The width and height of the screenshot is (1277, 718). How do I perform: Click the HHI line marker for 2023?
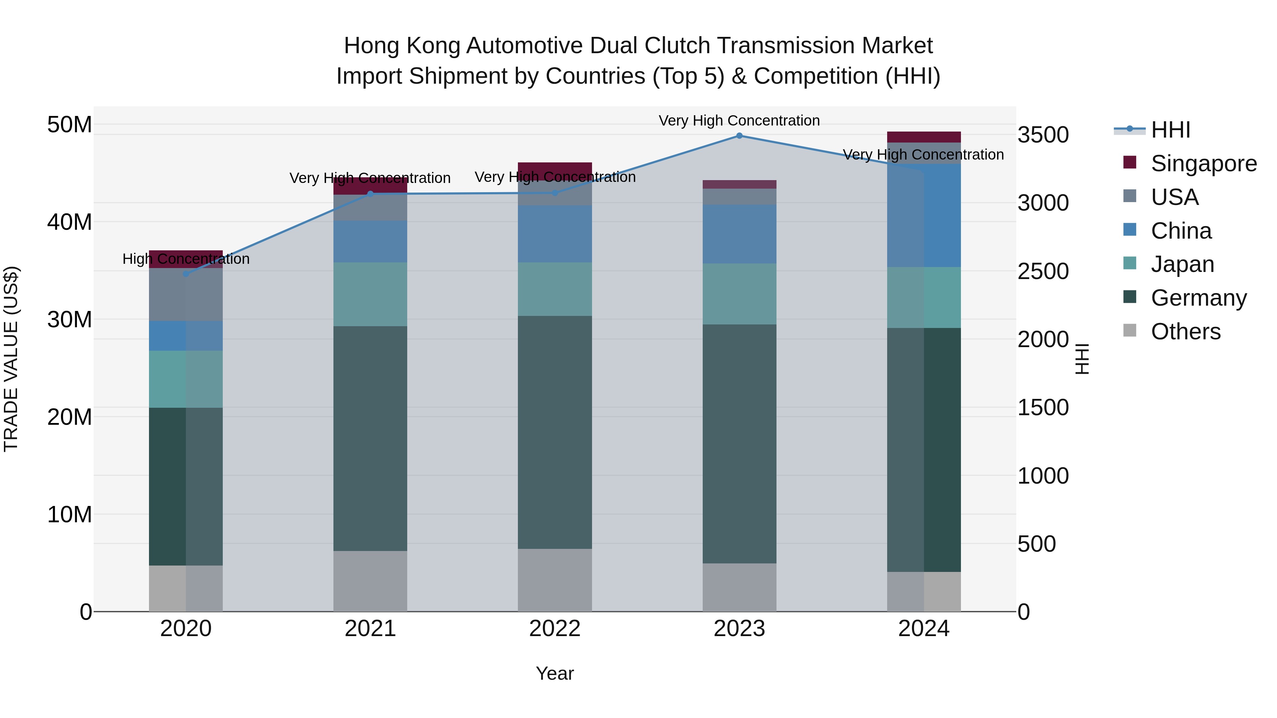pyautogui.click(x=739, y=136)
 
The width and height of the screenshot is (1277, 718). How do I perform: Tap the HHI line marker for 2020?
pyautogui.click(x=186, y=273)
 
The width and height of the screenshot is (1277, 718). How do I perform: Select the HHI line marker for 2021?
pyautogui.click(x=370, y=194)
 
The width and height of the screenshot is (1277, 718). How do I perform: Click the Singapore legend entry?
pyautogui.click(x=1203, y=163)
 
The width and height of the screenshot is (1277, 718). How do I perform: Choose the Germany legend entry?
pyautogui.click(x=1198, y=298)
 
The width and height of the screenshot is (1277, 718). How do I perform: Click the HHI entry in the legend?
pyautogui.click(x=1170, y=130)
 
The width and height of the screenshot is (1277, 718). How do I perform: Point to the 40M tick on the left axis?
pyautogui.click(x=70, y=222)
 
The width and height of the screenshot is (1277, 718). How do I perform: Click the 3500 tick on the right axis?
pyautogui.click(x=1043, y=135)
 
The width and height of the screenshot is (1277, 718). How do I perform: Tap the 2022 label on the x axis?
pyautogui.click(x=555, y=629)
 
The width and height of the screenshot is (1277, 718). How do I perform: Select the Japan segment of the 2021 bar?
pyautogui.click(x=370, y=294)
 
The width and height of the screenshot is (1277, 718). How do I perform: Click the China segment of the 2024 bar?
pyautogui.click(x=924, y=216)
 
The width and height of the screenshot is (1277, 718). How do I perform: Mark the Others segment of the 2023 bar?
pyautogui.click(x=739, y=587)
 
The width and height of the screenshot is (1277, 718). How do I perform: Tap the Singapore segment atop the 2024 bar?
pyautogui.click(x=924, y=137)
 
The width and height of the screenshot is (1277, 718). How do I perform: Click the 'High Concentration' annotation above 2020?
pyautogui.click(x=186, y=259)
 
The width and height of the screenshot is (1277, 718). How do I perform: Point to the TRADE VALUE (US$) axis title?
pyautogui.click(x=11, y=359)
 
